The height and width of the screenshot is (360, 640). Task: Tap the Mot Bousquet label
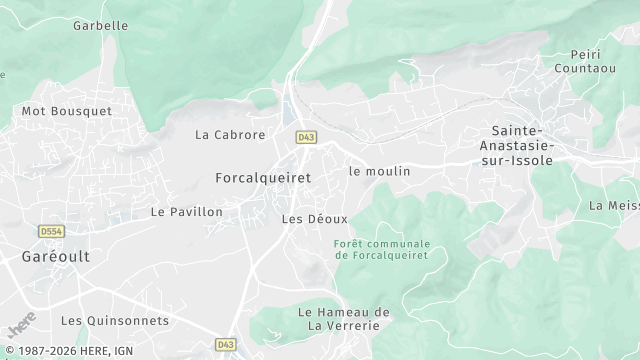[67, 111]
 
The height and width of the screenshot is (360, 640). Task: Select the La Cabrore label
[230, 135]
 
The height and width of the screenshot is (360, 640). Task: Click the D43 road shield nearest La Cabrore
[305, 135]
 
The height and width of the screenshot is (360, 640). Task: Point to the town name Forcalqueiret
[263, 177]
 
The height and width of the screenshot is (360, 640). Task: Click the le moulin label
[379, 171]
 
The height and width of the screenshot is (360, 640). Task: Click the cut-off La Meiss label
[614, 206]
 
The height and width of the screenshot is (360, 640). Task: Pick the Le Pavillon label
[187, 212]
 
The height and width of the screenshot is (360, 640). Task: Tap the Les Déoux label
[314, 218]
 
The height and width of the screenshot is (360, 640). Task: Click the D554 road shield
[51, 231]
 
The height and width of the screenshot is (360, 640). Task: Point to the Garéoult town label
[56, 256]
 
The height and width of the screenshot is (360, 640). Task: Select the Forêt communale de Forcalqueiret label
[382, 249]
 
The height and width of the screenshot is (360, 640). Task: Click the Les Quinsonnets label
[115, 321]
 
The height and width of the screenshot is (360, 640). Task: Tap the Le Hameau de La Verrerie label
[344, 319]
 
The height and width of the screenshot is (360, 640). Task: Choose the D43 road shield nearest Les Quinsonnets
[225, 345]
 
